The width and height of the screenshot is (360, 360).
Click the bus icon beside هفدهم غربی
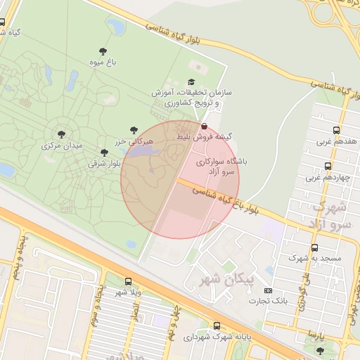336,130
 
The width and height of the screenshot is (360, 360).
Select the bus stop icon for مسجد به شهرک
314,248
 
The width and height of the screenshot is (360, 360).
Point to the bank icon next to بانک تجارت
268,290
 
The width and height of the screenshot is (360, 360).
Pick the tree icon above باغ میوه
103,51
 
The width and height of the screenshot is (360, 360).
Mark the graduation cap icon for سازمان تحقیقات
192,82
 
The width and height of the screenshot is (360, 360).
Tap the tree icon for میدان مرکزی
62,134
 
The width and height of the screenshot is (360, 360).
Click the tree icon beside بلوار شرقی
104,153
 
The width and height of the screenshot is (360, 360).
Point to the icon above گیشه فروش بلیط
204,126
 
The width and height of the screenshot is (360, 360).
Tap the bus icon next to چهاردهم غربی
328,167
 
